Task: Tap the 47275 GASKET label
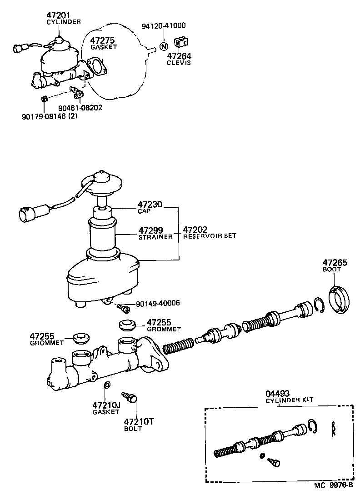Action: click(103, 43)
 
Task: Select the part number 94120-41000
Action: click(164, 26)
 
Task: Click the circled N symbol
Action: click(164, 46)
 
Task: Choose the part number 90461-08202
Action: click(80, 108)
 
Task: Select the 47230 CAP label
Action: click(150, 208)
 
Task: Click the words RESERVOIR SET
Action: click(210, 236)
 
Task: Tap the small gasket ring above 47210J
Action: click(107, 386)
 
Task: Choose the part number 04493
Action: click(278, 393)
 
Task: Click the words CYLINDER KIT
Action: click(290, 400)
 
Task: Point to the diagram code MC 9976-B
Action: click(333, 485)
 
